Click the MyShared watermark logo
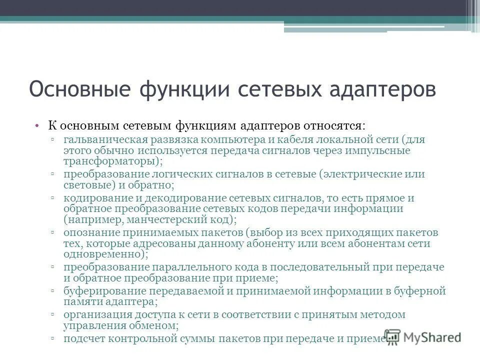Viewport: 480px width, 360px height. pyautogui.click(x=422, y=337)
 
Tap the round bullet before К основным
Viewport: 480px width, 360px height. pyautogui.click(x=37, y=125)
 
